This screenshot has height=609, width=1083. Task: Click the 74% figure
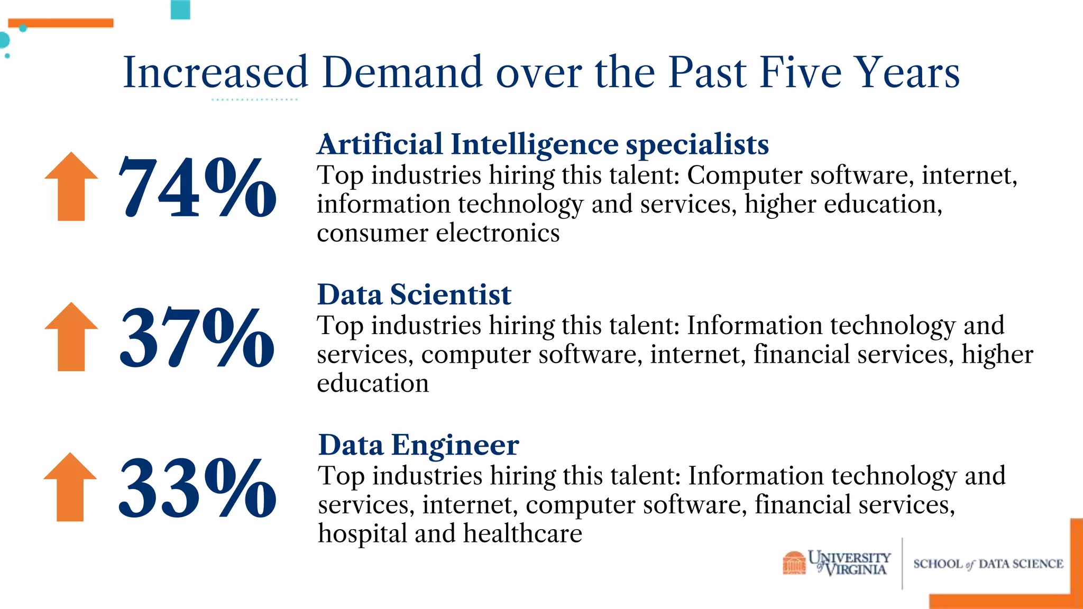(x=197, y=187)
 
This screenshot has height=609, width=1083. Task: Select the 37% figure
(x=197, y=337)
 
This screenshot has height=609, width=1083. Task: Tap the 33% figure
(x=197, y=487)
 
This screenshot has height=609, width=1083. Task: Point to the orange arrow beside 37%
(x=71, y=337)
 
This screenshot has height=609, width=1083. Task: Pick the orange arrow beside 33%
(x=70, y=487)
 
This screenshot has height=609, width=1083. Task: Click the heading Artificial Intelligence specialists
(x=543, y=144)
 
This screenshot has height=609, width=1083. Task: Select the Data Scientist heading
(x=414, y=294)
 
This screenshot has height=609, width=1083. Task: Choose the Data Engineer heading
(x=418, y=445)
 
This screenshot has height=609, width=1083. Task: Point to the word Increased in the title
(x=215, y=72)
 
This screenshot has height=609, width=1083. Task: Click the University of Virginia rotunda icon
(x=794, y=562)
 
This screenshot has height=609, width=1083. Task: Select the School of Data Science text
(x=988, y=564)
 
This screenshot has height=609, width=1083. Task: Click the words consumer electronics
(x=438, y=233)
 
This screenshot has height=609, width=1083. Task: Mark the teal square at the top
(x=180, y=10)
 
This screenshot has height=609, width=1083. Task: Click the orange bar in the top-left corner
(x=61, y=23)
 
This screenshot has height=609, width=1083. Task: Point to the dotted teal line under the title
(x=254, y=99)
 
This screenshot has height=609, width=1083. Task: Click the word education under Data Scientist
(x=373, y=383)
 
